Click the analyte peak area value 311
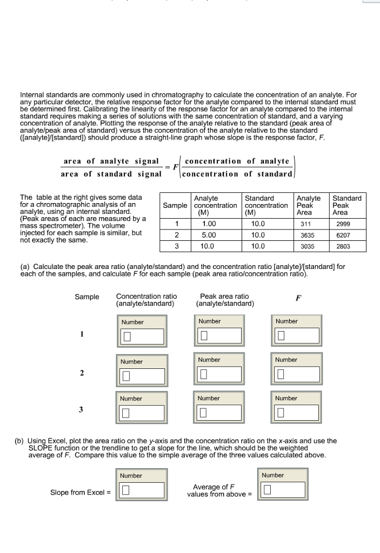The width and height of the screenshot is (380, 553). point(304,224)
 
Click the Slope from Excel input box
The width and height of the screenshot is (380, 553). point(142,490)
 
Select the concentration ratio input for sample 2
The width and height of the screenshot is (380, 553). point(142,375)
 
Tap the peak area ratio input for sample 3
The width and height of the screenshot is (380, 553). point(219,413)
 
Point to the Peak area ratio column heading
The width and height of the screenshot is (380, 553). point(224,300)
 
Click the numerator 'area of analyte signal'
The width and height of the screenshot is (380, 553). point(111,161)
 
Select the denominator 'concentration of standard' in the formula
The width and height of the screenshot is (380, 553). point(238,173)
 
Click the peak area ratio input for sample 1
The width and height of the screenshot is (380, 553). point(219,336)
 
